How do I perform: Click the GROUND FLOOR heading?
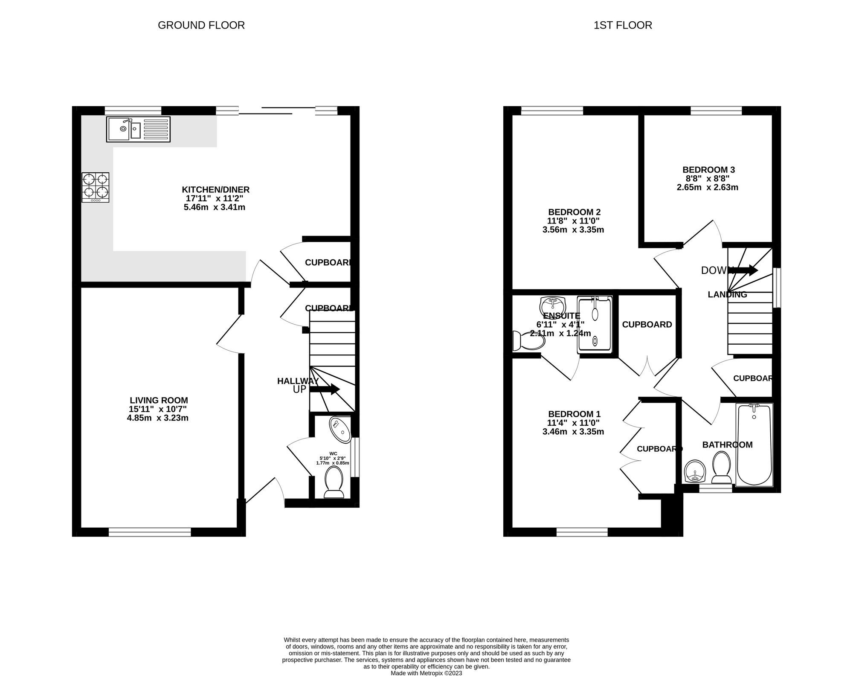click(x=201, y=25)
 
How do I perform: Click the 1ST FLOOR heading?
click(x=623, y=25)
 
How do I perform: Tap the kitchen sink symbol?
click(x=138, y=129)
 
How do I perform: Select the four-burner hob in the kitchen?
click(x=96, y=187)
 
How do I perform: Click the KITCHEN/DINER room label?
click(x=215, y=190)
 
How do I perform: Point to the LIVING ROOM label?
click(x=159, y=401)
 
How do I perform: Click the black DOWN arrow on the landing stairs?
click(x=745, y=270)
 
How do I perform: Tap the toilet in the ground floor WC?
click(x=334, y=482)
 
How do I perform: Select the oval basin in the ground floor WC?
click(x=340, y=430)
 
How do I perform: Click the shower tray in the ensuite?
click(x=595, y=325)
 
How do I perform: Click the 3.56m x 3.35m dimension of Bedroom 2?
click(x=573, y=230)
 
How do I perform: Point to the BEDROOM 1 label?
click(x=574, y=414)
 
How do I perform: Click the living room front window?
click(x=150, y=532)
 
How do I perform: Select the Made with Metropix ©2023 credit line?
click(x=426, y=673)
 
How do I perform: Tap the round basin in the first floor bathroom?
click(x=695, y=472)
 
